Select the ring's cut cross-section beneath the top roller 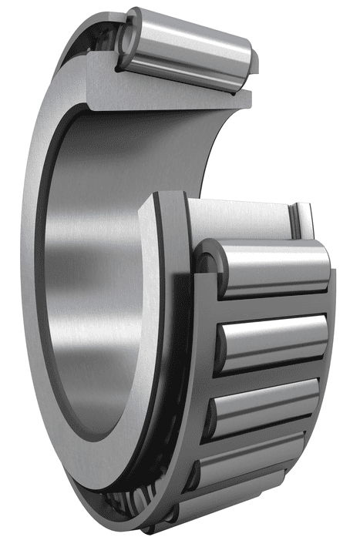[x=170, y=96]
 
